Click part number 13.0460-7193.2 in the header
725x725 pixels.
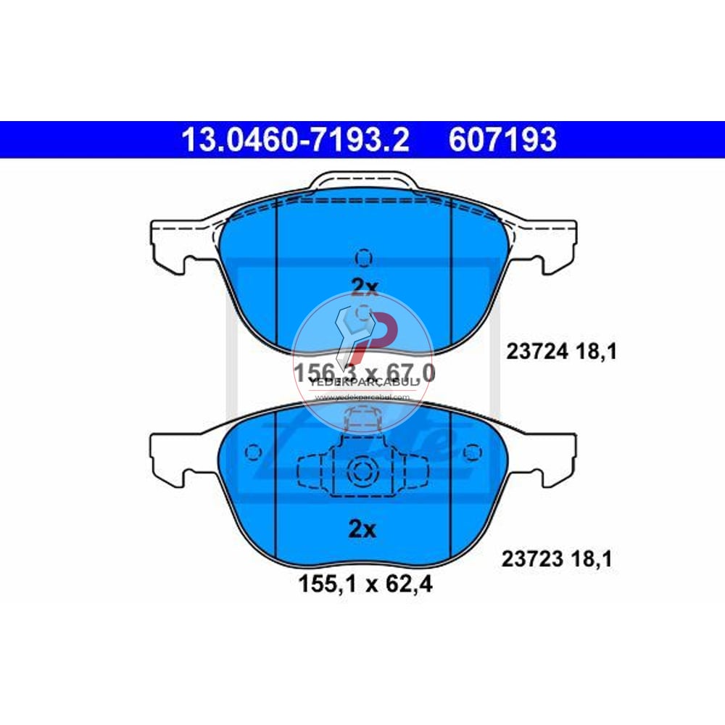pyautogui.click(x=295, y=139)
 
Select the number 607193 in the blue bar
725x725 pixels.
pyautogui.click(x=502, y=139)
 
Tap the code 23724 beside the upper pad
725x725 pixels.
pyautogui.click(x=532, y=353)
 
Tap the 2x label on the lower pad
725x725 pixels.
pyautogui.click(x=363, y=529)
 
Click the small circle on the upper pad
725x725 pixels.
pyautogui.click(x=364, y=257)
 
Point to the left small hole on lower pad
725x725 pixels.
pyautogui.click(x=253, y=452)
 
